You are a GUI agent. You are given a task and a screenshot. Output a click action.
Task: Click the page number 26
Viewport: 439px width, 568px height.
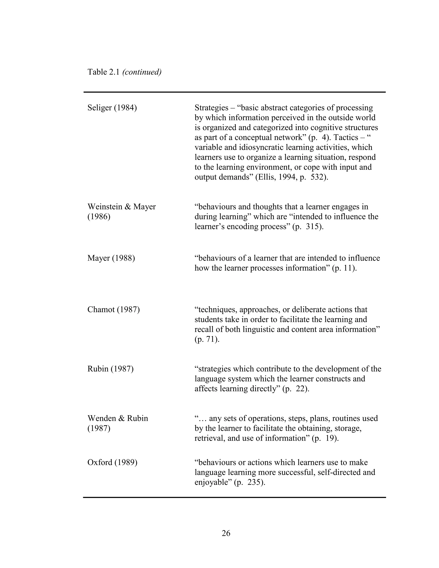[226, 533]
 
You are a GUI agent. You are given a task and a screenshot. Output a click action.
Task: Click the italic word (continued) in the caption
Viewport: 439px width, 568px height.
[142, 72]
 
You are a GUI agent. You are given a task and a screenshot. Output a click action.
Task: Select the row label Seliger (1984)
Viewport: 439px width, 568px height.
[112, 108]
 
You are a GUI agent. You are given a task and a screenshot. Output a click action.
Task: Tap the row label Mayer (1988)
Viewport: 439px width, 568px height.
[111, 258]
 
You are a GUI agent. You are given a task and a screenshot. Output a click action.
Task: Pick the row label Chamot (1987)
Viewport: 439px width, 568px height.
[113, 310]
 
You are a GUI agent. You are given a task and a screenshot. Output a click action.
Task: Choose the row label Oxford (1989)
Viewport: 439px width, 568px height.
[112, 462]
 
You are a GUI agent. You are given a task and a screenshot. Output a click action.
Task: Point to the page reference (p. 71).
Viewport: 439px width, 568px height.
[207, 339]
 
